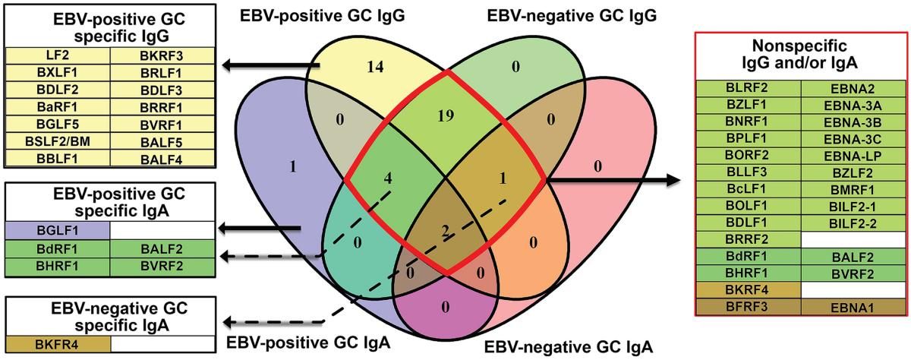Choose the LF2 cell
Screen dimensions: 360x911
[58, 55]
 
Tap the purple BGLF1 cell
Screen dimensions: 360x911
[58, 229]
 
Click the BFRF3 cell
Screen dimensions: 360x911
[749, 308]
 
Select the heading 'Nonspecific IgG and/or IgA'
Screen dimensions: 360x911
[802, 54]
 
